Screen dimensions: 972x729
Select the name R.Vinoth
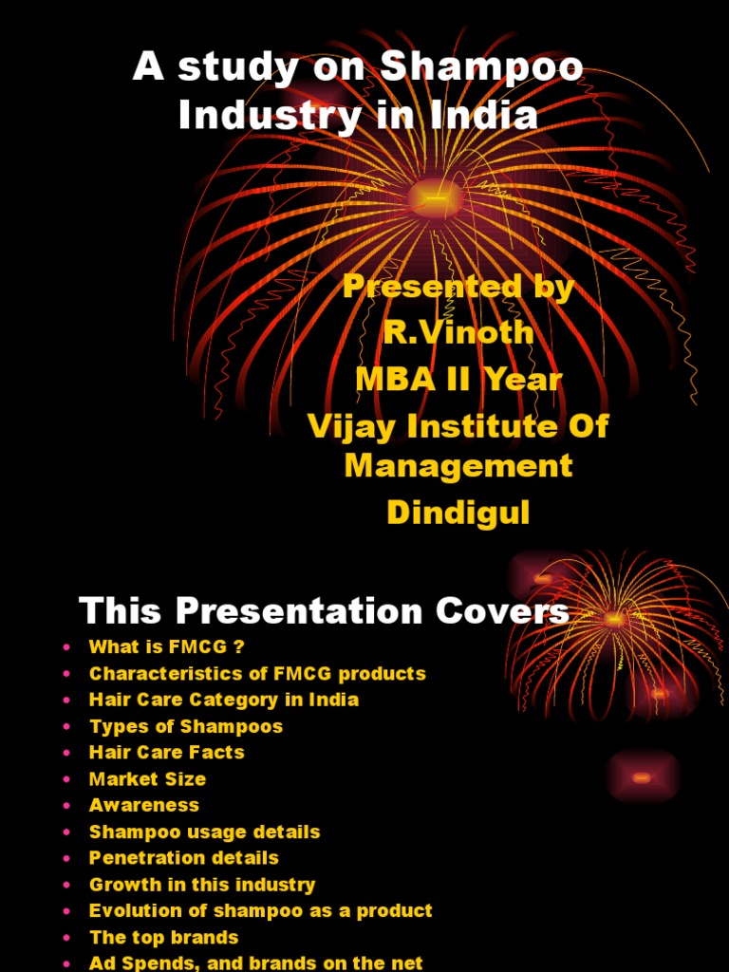[x=458, y=332]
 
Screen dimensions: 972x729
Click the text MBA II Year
[x=458, y=379]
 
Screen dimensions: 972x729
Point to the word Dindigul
[x=458, y=513]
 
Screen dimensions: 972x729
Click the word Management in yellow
[x=458, y=465]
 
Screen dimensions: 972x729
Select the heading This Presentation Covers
[x=325, y=610]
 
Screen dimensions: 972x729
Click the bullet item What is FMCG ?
[x=167, y=647]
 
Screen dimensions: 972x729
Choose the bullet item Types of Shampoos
[x=186, y=726]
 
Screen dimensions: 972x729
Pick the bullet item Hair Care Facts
[x=167, y=752]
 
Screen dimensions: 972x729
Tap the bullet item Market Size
[x=147, y=778]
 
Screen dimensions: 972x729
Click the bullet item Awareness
[x=144, y=805]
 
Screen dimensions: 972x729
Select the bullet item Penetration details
[x=184, y=857]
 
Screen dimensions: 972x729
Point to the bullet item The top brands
[x=164, y=937]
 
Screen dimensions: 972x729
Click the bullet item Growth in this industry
[x=202, y=884]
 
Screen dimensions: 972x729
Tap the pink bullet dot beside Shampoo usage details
[x=66, y=832]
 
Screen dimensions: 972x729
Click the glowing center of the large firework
[x=434, y=197]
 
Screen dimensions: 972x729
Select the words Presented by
[x=458, y=287]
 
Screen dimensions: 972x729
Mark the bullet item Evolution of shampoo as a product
[x=261, y=910]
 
